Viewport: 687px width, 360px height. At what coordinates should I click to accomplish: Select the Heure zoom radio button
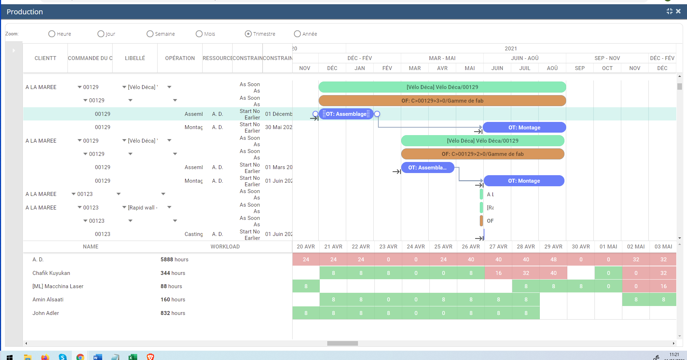pos(52,34)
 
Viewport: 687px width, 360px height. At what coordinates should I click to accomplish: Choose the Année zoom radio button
pos(297,34)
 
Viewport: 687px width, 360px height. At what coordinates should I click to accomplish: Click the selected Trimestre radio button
pos(248,34)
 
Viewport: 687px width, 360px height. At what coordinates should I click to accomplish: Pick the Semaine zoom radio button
pos(150,34)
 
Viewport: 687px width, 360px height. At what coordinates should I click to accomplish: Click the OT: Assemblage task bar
pos(346,114)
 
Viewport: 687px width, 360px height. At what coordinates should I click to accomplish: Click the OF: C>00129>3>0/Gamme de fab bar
pos(442,101)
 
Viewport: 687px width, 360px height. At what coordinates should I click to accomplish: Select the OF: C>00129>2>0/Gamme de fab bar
pos(482,154)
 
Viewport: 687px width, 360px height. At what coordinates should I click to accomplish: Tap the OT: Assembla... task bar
pos(427,168)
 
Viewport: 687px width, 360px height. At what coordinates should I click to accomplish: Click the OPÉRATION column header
pos(180,58)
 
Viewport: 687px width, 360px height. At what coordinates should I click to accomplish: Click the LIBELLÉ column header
pos(135,58)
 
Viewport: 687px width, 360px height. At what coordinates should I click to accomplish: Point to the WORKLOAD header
pos(225,247)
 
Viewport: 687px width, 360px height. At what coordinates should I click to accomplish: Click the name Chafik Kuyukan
pos(51,273)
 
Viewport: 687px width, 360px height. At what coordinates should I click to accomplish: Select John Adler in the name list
pos(46,313)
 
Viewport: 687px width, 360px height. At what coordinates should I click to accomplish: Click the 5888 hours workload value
pos(174,260)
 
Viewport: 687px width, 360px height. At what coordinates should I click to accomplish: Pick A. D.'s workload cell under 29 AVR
pos(553,260)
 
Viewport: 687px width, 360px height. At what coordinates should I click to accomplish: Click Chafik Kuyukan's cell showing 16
pos(498,273)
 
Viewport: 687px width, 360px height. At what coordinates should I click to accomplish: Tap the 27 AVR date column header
pos(498,247)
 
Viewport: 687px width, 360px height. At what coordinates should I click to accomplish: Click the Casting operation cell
pos(193,234)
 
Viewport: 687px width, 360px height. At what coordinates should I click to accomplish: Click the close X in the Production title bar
pos(678,11)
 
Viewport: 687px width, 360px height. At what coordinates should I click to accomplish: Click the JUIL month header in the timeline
pos(524,68)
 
